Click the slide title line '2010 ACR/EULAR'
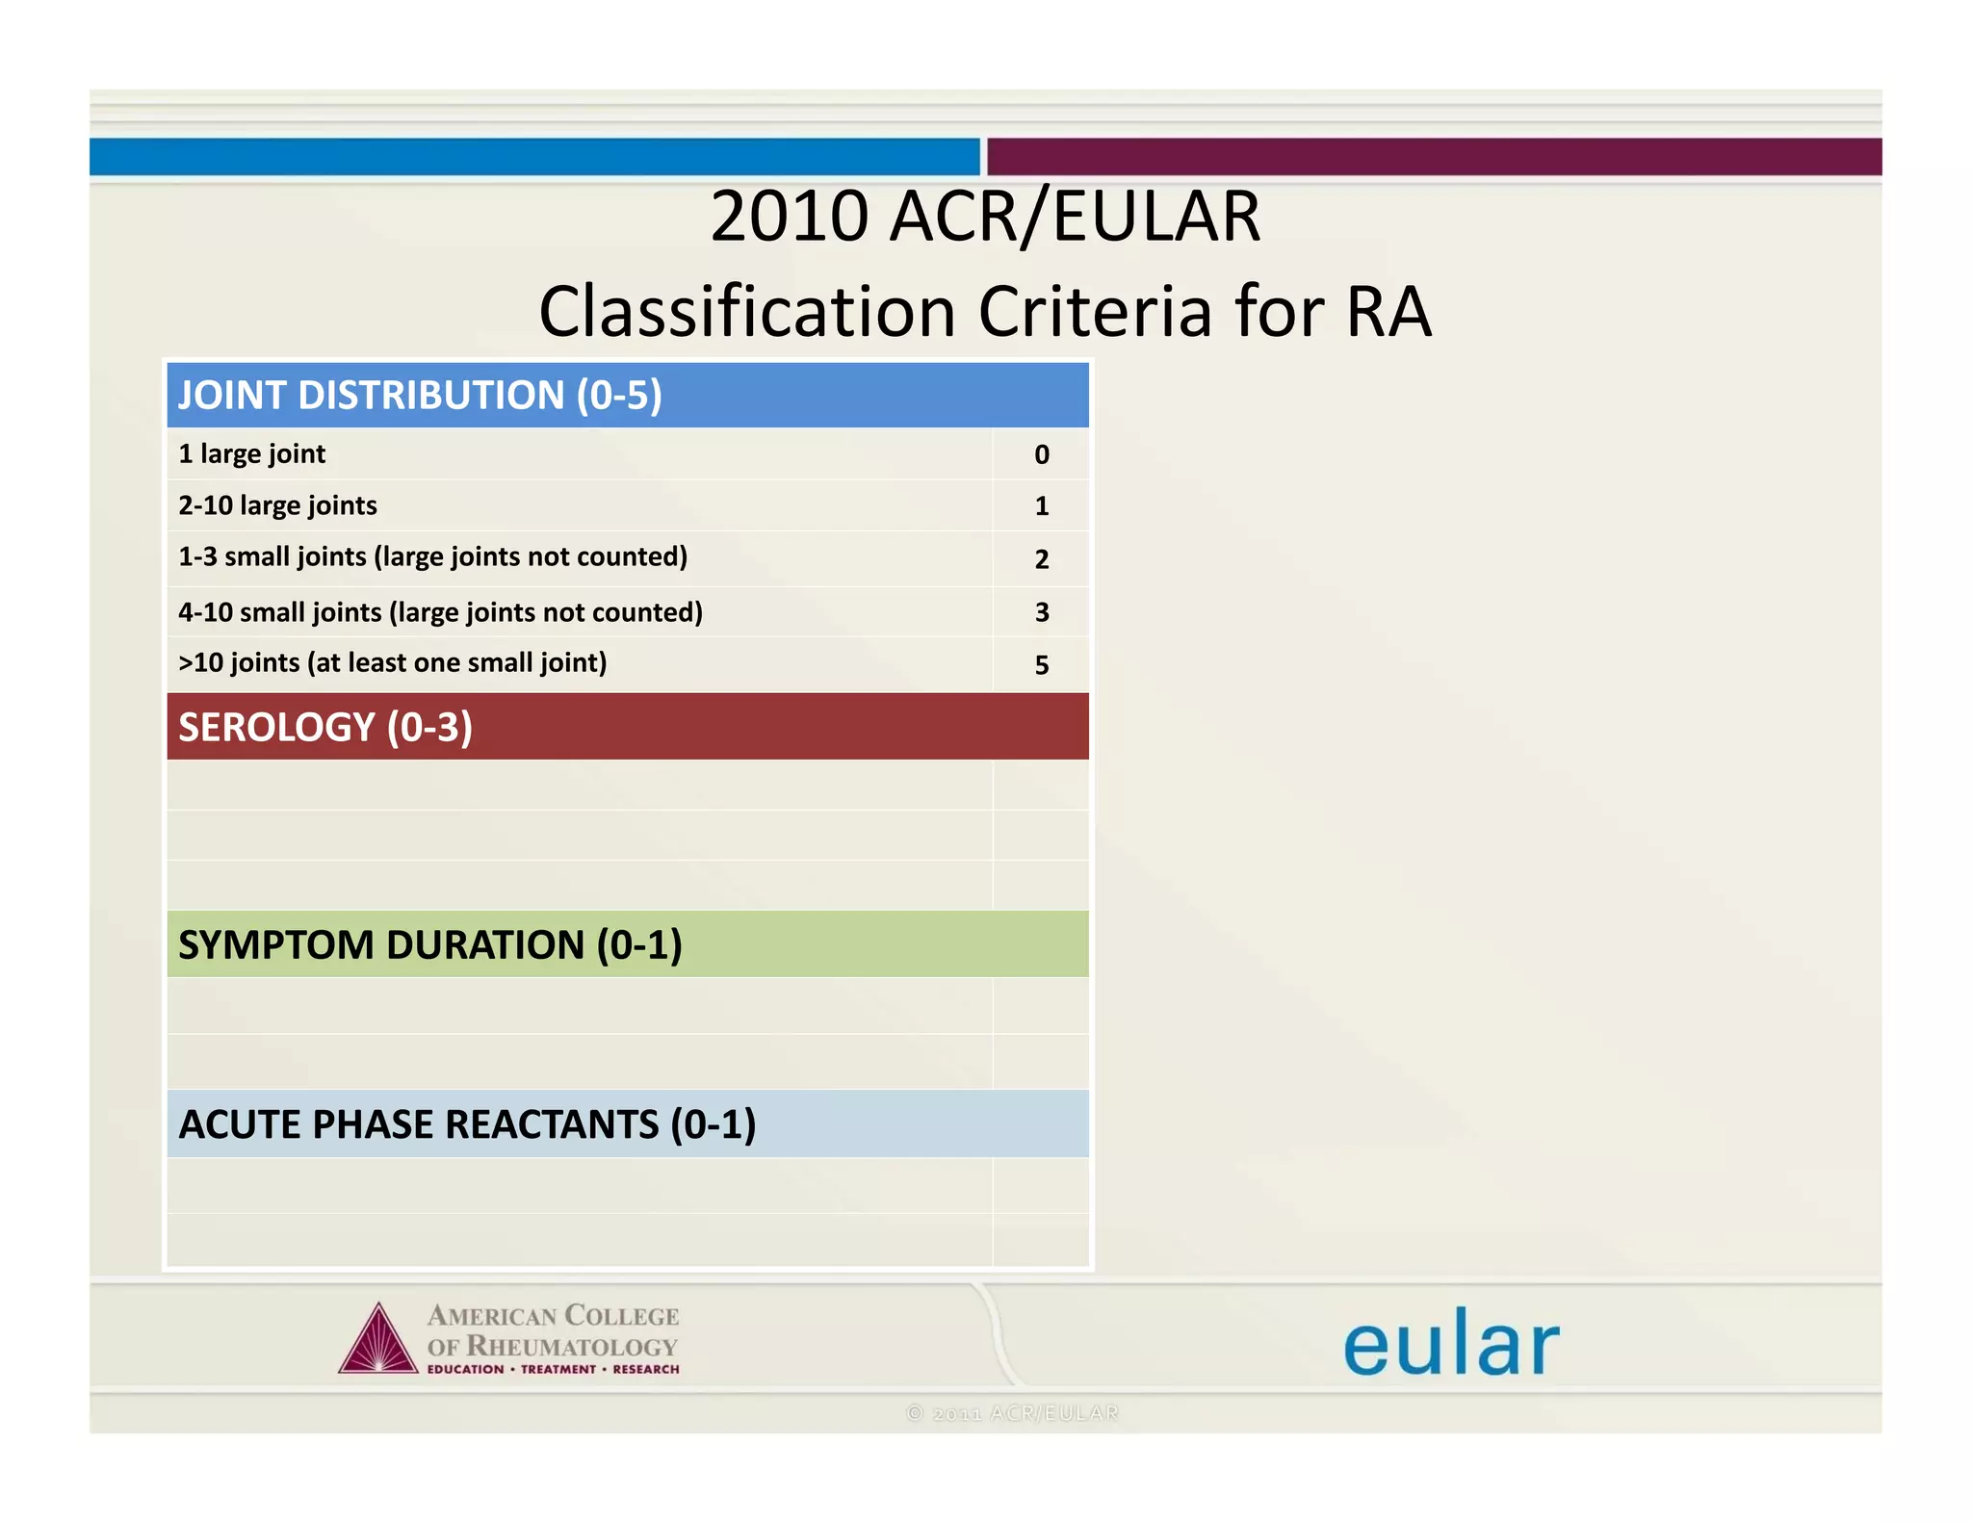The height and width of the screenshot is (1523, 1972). point(985,217)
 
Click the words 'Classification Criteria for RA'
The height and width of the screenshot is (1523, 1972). point(985,312)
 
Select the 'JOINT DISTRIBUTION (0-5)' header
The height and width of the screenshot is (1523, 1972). point(420,396)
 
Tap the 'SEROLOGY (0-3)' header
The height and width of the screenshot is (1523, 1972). point(325,727)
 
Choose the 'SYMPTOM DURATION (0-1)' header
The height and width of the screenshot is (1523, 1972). point(429,945)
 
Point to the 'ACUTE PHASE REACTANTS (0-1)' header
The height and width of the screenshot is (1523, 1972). point(467,1124)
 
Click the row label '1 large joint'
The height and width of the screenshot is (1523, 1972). point(252,454)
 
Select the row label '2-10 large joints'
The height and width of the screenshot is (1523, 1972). point(277,505)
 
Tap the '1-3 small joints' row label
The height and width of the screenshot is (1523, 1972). point(432,557)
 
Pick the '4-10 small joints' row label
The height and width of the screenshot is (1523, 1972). point(440,612)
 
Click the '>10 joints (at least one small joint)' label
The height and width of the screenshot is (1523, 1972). point(392,663)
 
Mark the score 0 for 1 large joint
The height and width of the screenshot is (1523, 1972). point(1042,455)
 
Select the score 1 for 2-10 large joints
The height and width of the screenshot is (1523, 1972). point(1042,506)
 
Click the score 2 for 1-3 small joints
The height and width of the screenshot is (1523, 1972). point(1042,559)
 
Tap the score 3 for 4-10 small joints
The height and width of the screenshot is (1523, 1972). point(1042,612)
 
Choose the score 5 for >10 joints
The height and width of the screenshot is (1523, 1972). point(1042,665)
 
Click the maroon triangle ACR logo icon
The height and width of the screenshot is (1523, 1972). point(378,1340)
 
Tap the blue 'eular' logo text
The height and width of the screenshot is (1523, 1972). point(1450,1344)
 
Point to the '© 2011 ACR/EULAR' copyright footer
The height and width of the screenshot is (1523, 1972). point(1013,1413)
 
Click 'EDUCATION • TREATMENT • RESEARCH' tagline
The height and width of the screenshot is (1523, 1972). point(553,1369)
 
